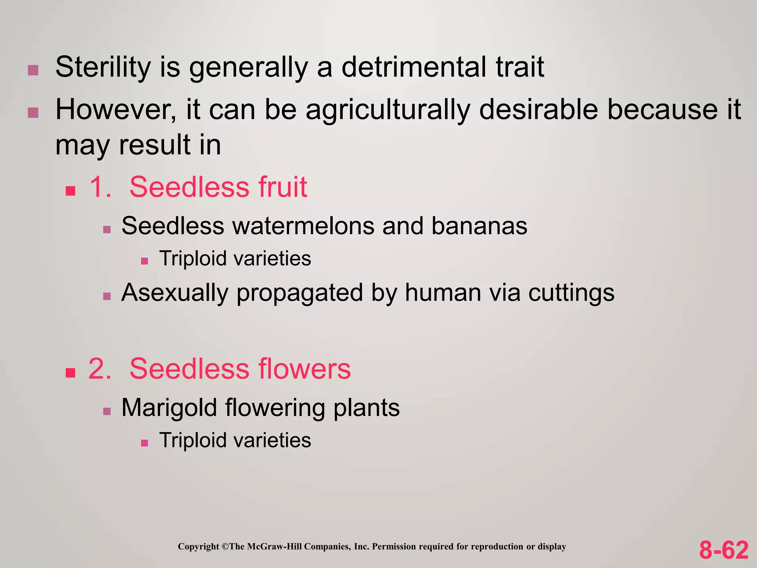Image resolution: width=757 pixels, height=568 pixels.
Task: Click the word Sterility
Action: [x=103, y=67]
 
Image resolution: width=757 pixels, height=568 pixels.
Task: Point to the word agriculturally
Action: [x=388, y=110]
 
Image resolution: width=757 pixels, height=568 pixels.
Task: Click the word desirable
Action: [x=538, y=110]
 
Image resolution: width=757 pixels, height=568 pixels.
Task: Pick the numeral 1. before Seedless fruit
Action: [x=100, y=187]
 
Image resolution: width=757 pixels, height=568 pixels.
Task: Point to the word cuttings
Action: [x=571, y=293]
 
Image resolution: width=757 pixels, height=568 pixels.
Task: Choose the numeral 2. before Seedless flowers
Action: [x=100, y=369]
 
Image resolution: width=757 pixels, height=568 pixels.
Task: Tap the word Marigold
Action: [x=169, y=408]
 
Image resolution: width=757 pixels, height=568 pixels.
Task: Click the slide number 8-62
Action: [x=723, y=550]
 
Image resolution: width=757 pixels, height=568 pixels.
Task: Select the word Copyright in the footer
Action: [x=198, y=547]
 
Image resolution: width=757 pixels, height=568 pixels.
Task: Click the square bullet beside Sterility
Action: [x=33, y=70]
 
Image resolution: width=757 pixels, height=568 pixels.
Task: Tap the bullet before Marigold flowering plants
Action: [x=107, y=411]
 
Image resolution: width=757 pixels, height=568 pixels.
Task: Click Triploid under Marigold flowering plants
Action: [x=193, y=440]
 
